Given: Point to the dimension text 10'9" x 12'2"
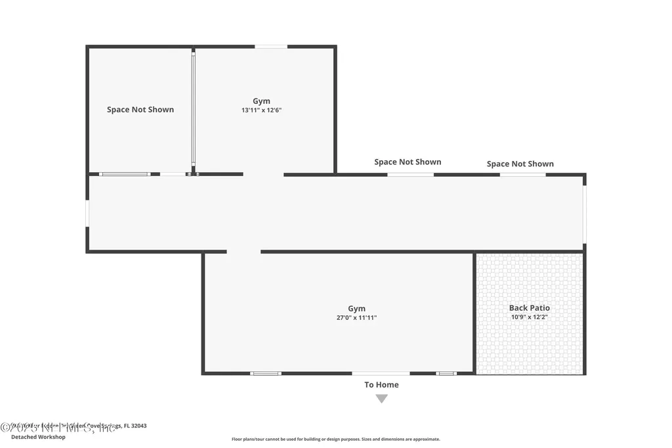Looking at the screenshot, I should click(x=530, y=317).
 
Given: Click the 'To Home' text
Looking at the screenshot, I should click(x=381, y=385).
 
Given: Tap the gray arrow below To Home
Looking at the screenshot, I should click(x=381, y=399).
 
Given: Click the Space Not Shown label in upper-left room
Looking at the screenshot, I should click(x=140, y=110).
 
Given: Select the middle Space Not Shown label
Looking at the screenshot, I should click(x=408, y=162).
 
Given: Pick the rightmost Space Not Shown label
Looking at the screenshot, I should click(x=520, y=164).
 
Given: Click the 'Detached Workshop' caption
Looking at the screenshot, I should click(x=38, y=437).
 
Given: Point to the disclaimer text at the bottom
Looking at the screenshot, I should click(x=335, y=439).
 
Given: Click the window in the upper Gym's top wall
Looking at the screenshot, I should click(x=271, y=47).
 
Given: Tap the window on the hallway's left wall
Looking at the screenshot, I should click(x=87, y=213).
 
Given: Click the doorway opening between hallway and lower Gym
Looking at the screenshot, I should click(x=243, y=252).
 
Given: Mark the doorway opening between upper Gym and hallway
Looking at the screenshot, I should click(x=263, y=175).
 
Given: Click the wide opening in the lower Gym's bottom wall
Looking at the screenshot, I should click(x=381, y=373).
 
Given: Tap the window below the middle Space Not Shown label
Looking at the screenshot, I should click(x=410, y=175).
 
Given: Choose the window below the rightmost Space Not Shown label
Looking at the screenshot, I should click(x=522, y=175).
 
